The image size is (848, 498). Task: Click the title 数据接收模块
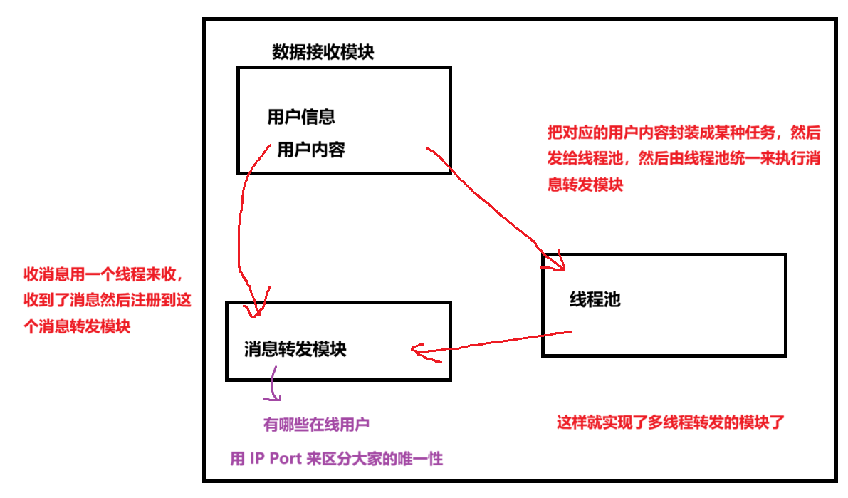click(x=323, y=53)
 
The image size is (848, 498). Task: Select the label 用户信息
click(x=301, y=117)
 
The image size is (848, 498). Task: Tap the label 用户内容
click(x=311, y=150)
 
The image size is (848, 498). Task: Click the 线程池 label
click(x=595, y=300)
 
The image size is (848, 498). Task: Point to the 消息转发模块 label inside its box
click(x=295, y=350)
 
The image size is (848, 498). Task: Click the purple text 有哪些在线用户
click(x=316, y=425)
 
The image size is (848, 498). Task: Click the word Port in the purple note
click(x=286, y=459)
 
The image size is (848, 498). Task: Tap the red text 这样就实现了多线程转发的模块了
click(x=670, y=422)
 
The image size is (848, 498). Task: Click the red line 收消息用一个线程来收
click(x=107, y=275)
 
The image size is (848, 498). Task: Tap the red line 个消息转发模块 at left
click(x=78, y=327)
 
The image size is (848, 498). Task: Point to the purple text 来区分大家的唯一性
click(x=375, y=459)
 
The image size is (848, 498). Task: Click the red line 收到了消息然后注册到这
click(x=108, y=301)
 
